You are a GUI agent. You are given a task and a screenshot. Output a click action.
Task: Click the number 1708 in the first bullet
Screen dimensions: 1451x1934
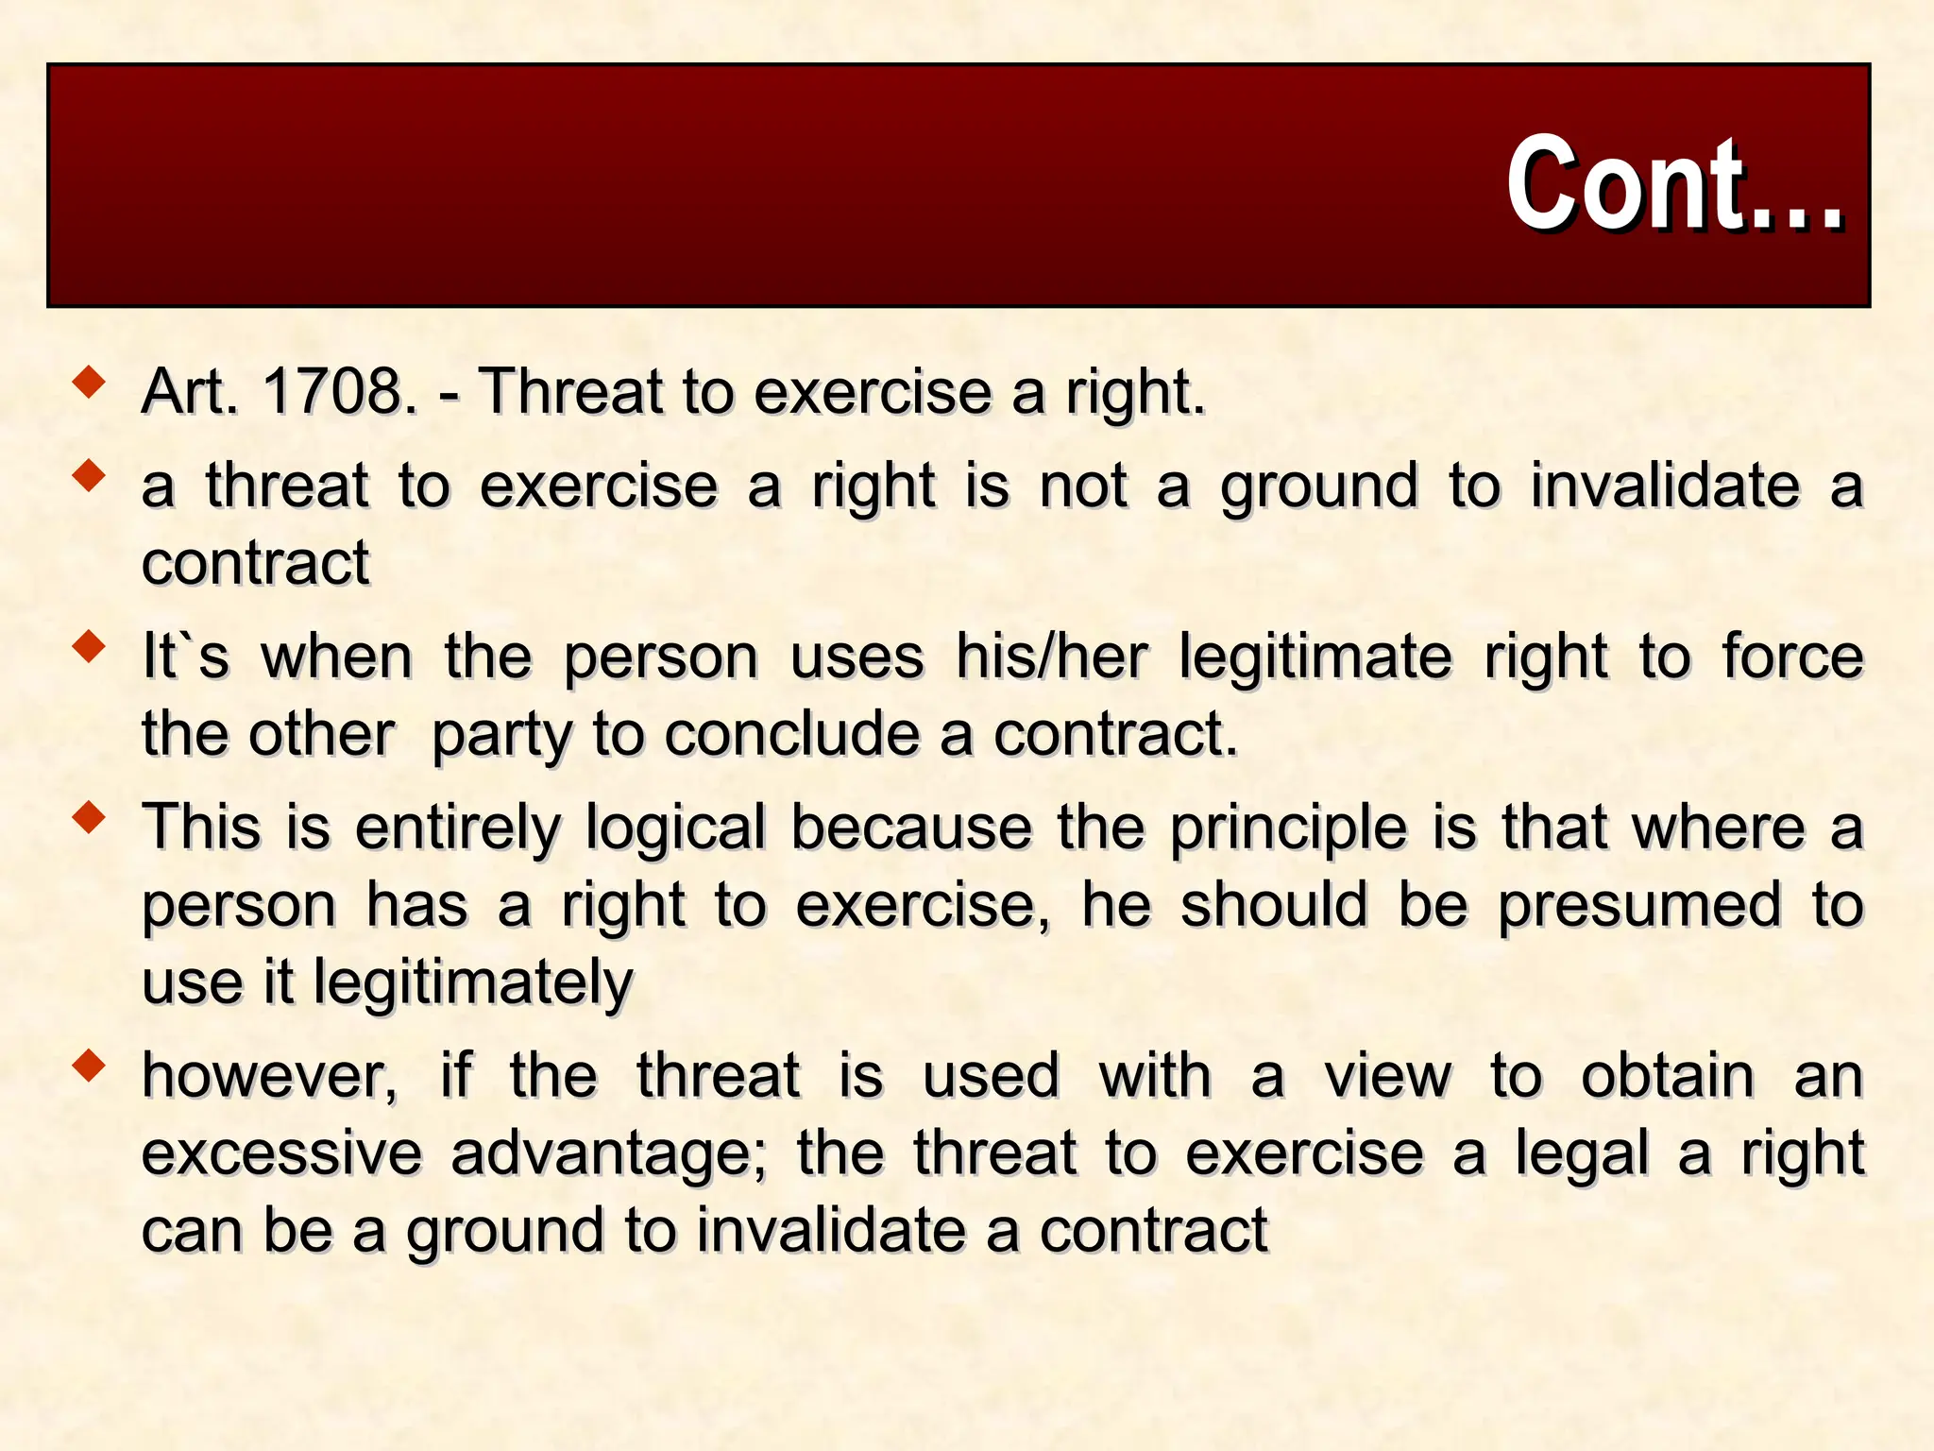[x=338, y=391]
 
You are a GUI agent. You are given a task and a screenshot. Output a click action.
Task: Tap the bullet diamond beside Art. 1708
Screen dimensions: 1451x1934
[x=90, y=383]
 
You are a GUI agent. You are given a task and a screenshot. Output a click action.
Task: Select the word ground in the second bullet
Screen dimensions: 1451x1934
[x=1318, y=487]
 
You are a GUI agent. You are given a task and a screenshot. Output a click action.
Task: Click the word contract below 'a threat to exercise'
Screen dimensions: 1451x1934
[x=255, y=564]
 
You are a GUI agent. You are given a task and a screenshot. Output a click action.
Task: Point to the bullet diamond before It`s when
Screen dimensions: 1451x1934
[x=90, y=648]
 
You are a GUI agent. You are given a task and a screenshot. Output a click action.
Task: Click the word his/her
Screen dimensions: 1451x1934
[x=1051, y=657]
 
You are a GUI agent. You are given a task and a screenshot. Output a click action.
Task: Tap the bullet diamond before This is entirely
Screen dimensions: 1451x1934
[x=90, y=818]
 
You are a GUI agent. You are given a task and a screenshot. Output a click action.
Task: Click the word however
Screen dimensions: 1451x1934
[x=269, y=1077]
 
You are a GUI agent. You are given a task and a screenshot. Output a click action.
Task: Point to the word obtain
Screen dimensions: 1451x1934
[x=1668, y=1077]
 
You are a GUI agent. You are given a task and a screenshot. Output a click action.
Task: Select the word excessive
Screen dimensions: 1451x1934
[x=281, y=1154]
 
